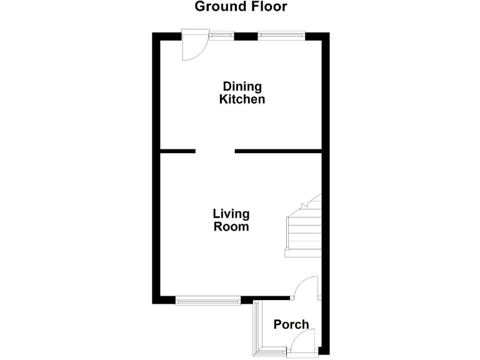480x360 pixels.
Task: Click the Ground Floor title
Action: click(x=241, y=7)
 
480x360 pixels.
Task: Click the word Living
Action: click(x=231, y=214)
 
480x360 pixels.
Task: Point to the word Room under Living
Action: click(x=231, y=227)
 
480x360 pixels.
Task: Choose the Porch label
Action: click(x=291, y=324)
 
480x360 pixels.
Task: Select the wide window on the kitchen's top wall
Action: click(x=281, y=36)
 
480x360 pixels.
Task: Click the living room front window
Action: click(x=208, y=301)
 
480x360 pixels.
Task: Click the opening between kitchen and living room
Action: click(x=215, y=151)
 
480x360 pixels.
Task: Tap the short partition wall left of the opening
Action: click(x=177, y=151)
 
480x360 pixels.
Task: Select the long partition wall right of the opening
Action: click(x=278, y=151)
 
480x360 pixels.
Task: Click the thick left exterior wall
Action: click(x=156, y=169)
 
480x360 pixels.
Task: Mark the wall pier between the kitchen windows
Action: click(x=246, y=36)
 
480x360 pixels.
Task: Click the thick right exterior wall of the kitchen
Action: click(x=325, y=94)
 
